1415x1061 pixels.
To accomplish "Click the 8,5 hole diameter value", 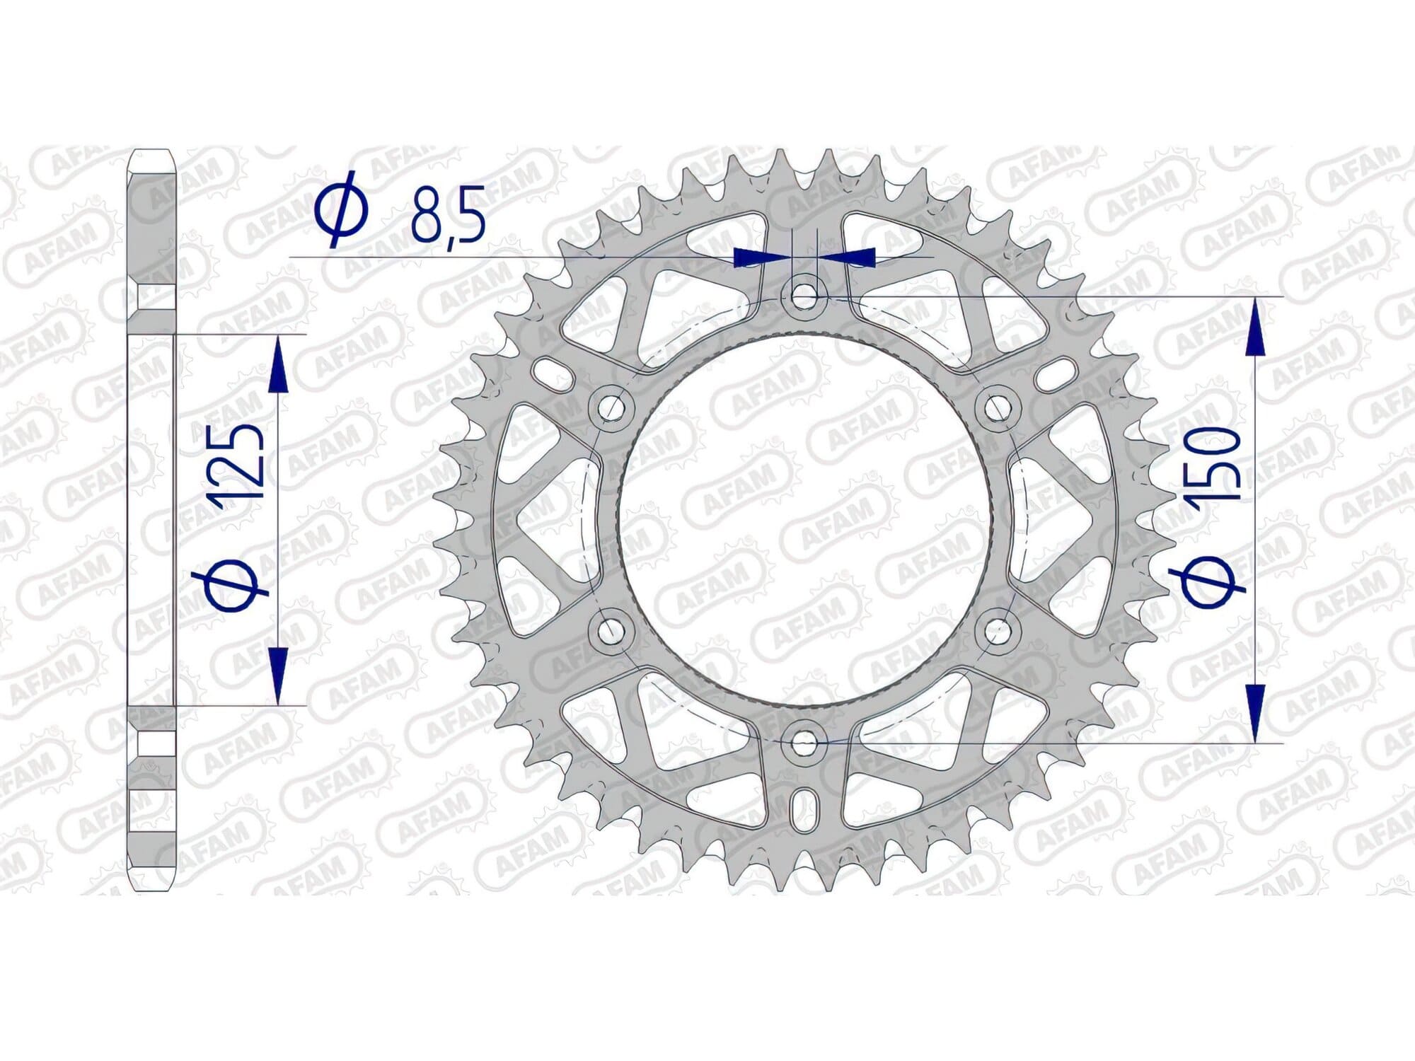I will pyautogui.click(x=449, y=214).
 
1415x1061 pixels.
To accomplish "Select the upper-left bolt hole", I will pyautogui.click(x=610, y=407).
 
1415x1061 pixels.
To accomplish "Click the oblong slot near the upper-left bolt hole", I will pyautogui.click(x=554, y=373).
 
